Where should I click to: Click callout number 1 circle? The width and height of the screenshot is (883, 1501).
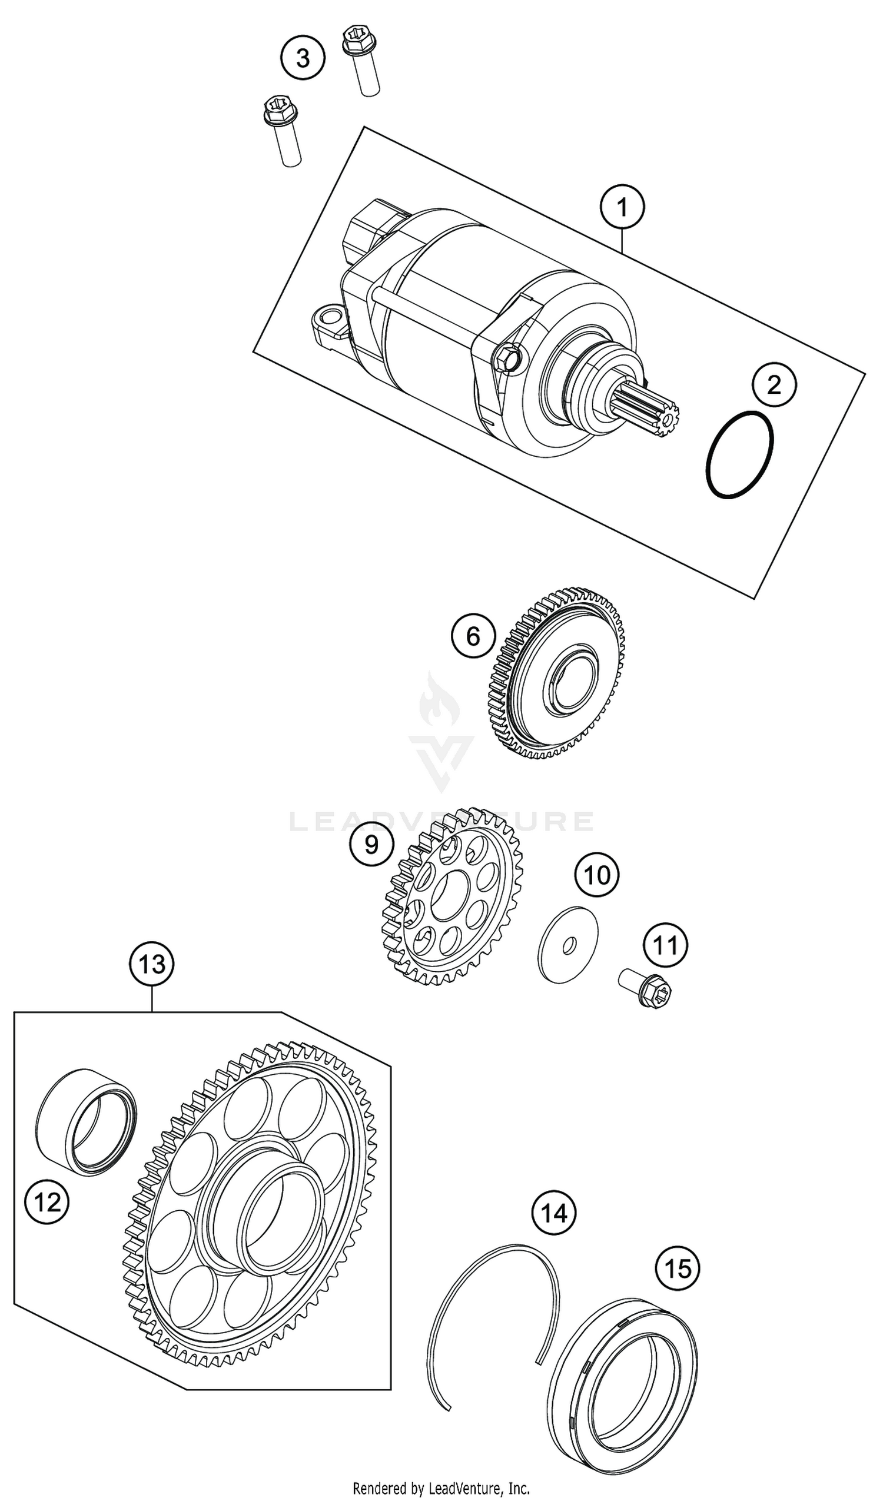(x=622, y=208)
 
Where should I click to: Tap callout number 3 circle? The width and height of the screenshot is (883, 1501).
(x=303, y=58)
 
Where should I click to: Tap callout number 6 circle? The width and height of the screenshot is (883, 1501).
(x=473, y=636)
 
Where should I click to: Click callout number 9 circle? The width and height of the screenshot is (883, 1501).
(x=371, y=844)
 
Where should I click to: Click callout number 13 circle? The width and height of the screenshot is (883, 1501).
(x=152, y=964)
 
